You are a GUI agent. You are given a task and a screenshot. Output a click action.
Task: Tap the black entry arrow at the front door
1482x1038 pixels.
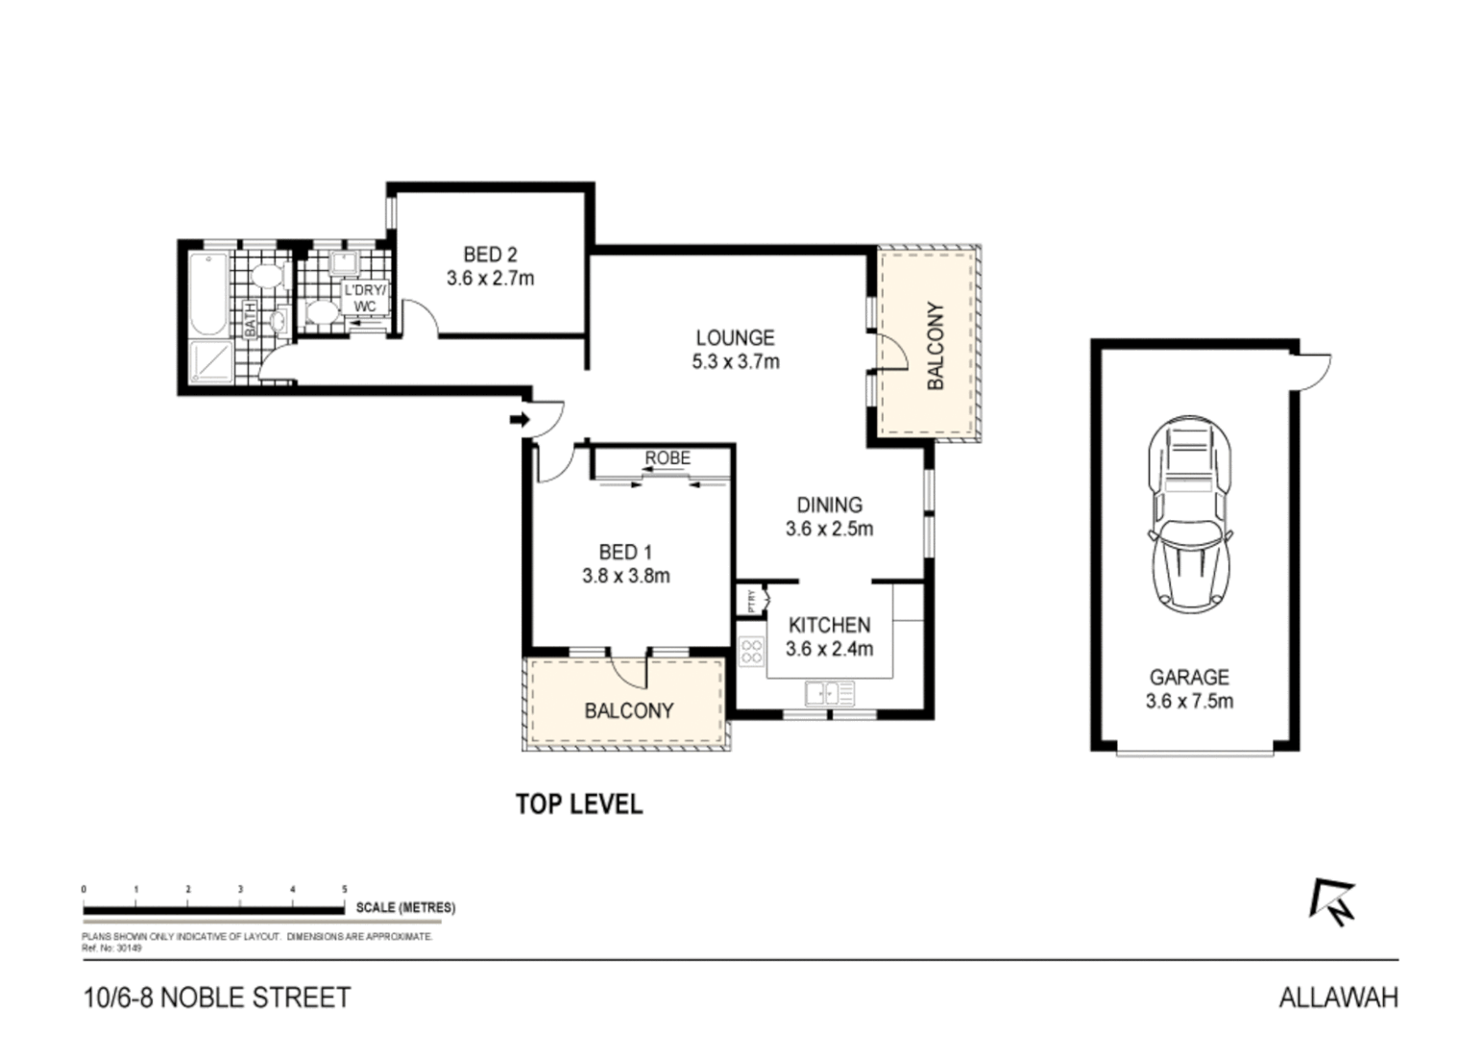519,419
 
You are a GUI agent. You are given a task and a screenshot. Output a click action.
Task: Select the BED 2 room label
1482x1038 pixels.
490,255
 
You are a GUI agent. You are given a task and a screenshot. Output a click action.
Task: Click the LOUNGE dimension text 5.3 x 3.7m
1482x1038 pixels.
735,362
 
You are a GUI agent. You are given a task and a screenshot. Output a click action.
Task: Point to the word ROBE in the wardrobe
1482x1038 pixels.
667,458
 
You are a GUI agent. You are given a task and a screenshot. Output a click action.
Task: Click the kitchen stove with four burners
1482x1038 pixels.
751,652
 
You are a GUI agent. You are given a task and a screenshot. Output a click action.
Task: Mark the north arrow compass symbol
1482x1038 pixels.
1332,902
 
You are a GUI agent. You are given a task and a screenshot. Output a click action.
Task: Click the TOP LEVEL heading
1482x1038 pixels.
578,803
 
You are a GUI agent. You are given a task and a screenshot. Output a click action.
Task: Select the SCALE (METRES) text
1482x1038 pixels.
405,907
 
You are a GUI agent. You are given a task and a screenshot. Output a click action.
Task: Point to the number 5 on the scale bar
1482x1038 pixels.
345,890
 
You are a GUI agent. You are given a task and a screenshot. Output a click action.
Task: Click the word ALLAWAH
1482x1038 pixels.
1338,998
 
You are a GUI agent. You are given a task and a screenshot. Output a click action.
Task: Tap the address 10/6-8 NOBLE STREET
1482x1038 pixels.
217,998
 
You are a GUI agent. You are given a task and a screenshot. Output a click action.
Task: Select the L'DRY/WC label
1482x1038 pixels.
365,298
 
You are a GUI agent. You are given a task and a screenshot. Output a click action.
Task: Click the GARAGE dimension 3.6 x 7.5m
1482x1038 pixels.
1189,701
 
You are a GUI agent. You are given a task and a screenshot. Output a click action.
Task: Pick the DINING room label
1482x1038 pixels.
829,505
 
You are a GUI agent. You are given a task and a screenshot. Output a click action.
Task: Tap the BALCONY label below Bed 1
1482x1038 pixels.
629,710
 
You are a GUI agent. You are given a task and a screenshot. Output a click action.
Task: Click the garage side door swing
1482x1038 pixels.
1313,369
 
